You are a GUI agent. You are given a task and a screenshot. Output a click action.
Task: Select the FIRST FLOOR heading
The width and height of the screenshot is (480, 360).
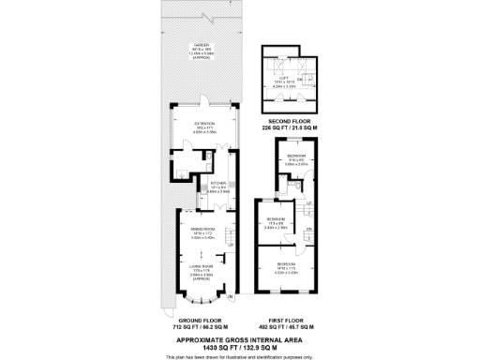(x=289, y=321)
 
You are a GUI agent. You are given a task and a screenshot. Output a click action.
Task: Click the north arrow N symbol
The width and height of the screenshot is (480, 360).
(x=232, y=300)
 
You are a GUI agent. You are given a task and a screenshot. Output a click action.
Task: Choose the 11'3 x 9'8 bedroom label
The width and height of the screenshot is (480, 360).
(x=276, y=223)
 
